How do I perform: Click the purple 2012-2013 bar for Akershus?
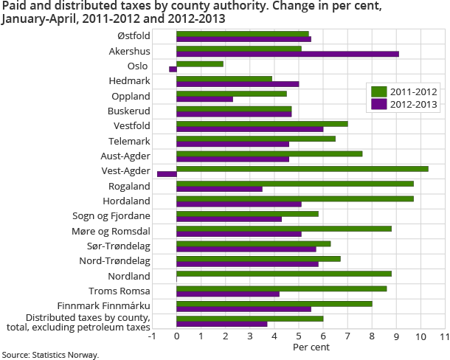(x=288, y=54)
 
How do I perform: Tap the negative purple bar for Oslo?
(x=173, y=69)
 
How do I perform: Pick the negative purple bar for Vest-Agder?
(x=167, y=174)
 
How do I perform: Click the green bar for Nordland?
(x=284, y=274)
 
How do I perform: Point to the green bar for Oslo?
(x=200, y=63)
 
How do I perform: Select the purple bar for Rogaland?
(x=219, y=189)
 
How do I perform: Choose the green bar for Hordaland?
(x=295, y=198)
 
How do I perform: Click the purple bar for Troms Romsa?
(x=228, y=294)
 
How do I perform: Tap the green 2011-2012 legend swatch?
(x=378, y=91)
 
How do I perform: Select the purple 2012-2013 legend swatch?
(x=378, y=104)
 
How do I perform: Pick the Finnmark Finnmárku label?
(x=103, y=305)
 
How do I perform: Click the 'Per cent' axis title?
(x=309, y=346)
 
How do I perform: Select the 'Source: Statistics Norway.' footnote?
(x=50, y=355)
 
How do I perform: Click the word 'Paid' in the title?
(x=15, y=6)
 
